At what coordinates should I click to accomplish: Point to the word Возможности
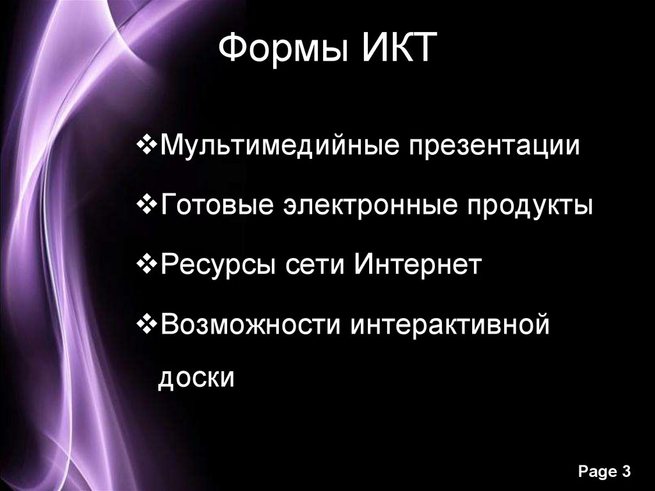tap(249, 323)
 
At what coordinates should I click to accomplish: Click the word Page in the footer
tap(596, 472)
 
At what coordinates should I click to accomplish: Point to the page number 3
tap(626, 471)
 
